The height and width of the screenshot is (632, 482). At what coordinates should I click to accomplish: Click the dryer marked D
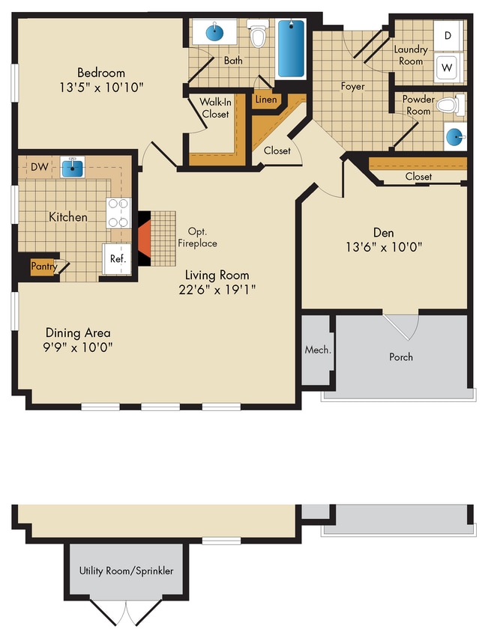[x=448, y=35]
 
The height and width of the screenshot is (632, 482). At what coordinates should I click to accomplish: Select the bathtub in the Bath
[x=291, y=48]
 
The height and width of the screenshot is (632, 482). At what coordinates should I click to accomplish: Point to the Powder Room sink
[x=455, y=136]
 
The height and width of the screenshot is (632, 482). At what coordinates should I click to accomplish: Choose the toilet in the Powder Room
[x=448, y=105]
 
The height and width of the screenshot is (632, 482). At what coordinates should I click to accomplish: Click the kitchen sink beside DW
[x=72, y=167]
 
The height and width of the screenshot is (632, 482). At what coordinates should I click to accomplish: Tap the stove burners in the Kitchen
[x=118, y=212]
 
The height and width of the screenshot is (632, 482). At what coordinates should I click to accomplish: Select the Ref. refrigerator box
[x=118, y=259]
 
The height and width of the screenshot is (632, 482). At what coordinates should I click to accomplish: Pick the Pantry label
[x=43, y=266]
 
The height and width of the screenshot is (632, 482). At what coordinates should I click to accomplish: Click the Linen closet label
[x=266, y=100]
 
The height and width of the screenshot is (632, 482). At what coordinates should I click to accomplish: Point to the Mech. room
[x=318, y=350]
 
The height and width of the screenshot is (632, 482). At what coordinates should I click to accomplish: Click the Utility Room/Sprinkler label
[x=126, y=571]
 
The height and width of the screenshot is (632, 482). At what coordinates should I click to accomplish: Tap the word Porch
[x=401, y=356]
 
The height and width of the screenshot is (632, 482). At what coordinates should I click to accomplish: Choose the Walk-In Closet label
[x=214, y=108]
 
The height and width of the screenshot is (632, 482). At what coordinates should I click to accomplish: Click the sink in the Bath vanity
[x=215, y=33]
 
